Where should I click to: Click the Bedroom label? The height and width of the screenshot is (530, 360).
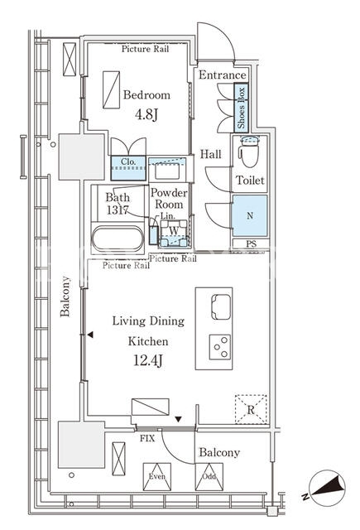[x=146, y=94]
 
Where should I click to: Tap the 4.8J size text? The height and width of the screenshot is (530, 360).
[x=146, y=114]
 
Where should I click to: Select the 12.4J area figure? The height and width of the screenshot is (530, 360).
[x=148, y=360]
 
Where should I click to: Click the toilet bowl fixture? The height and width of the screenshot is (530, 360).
[x=249, y=152]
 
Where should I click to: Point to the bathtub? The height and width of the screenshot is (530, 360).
[x=118, y=238]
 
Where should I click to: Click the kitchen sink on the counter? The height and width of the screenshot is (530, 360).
[x=221, y=306]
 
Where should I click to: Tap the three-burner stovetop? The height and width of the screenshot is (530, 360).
[x=220, y=347]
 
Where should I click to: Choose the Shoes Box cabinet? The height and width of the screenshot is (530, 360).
[x=241, y=108]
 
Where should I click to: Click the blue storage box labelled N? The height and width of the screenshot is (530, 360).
[x=250, y=215]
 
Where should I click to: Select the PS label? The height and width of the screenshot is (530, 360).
[x=251, y=243]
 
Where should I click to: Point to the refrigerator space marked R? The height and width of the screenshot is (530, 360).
[x=251, y=409]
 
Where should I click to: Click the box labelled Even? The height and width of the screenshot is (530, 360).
[x=157, y=477]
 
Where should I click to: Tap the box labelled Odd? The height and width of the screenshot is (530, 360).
[x=209, y=477]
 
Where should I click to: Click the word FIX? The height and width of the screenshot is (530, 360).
[x=147, y=438]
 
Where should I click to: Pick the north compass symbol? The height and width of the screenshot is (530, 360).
[x=324, y=488]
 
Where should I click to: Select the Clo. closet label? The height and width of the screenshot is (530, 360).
[x=128, y=161]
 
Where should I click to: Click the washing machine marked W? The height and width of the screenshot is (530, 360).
[x=174, y=234]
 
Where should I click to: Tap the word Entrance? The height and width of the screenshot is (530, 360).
[x=223, y=75]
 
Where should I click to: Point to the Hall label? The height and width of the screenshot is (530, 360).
[x=211, y=154]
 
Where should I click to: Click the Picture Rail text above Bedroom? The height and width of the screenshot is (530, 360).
[x=145, y=49]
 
